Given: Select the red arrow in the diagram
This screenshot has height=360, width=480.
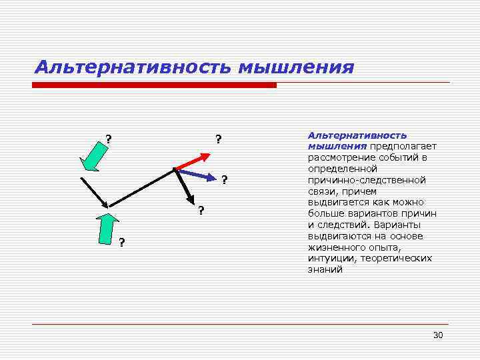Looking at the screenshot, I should coord(192,159).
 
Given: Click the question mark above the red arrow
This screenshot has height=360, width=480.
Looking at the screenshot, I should coord(218,139).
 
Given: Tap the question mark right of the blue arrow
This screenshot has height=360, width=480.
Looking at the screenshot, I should coord(225,179).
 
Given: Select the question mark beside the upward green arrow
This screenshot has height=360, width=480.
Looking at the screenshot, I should coord(121,241).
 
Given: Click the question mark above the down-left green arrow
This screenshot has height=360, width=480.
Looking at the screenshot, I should coord(108,139).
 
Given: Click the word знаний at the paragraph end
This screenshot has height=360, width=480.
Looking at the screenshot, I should coord(325,269).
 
